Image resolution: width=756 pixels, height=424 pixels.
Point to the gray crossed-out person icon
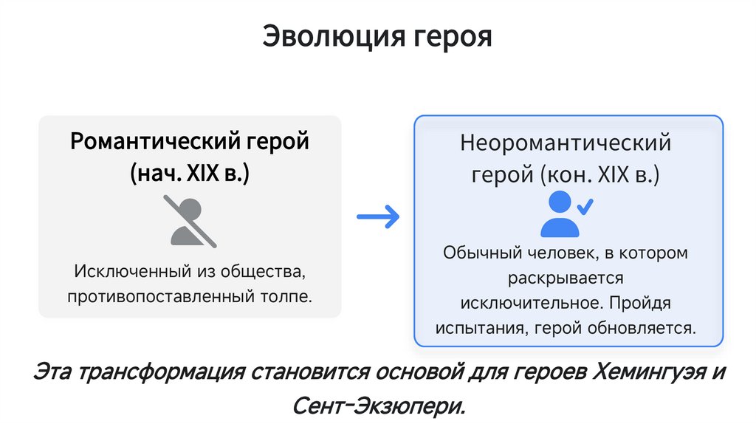[190, 222]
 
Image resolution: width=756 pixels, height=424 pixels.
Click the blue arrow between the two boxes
[377, 216]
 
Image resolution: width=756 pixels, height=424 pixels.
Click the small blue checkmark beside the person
[585, 206]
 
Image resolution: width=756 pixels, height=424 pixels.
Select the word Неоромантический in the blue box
[566, 142]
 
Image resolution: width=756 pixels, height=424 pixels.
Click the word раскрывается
[566, 278]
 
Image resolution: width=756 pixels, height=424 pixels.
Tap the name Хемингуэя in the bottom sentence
[642, 372]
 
